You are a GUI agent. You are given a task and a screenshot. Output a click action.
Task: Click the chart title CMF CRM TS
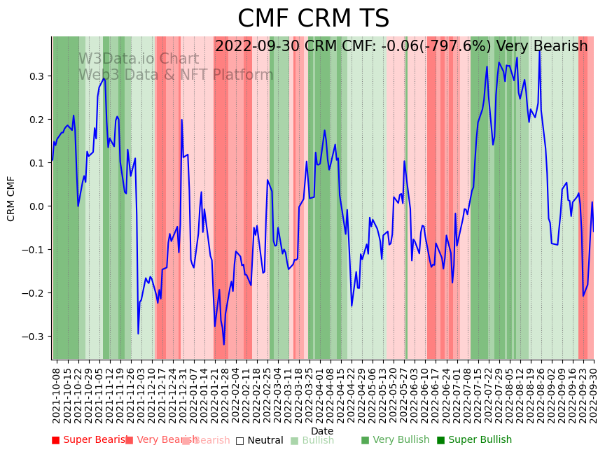(313, 19)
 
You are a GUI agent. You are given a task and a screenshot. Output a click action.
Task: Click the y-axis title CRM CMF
(11, 199)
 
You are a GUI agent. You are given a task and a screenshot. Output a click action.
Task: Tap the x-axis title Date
(322, 431)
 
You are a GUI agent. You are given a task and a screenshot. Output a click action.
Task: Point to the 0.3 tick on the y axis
(38, 76)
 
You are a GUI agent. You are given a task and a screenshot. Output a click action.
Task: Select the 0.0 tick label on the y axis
(38, 206)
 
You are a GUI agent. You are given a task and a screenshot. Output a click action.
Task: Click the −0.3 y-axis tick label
(35, 337)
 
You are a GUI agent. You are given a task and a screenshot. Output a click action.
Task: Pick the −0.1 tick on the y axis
(35, 250)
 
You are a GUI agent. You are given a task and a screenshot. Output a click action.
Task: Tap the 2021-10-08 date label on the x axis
(57, 393)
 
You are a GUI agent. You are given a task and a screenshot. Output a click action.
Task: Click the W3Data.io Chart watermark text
(138, 59)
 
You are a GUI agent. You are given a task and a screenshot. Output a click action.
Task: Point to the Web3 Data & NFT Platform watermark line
(176, 75)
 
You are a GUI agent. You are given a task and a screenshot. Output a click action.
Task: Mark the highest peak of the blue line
(539, 50)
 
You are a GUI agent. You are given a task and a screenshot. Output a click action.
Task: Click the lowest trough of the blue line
(224, 344)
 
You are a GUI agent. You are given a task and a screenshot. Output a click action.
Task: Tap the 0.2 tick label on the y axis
(38, 119)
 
